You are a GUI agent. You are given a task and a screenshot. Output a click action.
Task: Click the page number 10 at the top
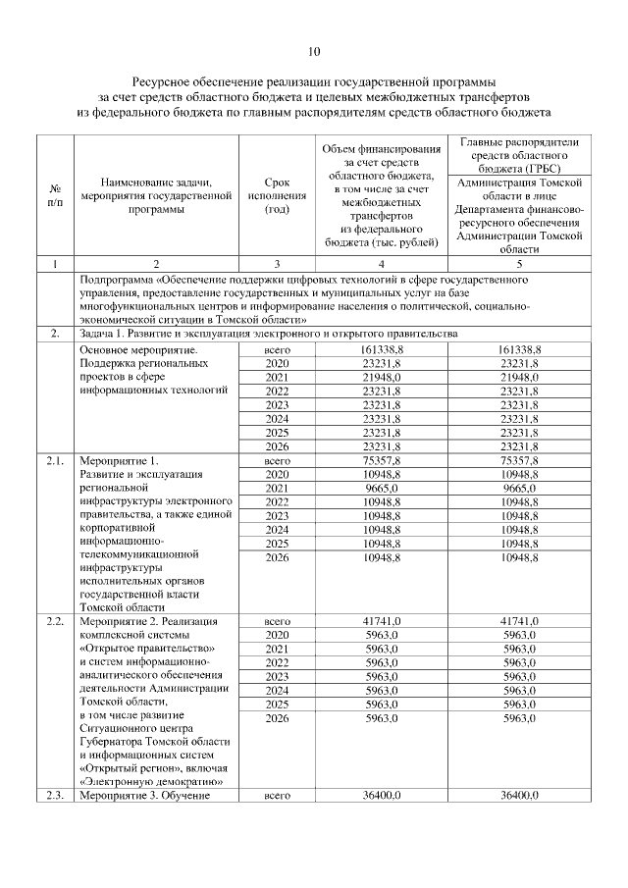point(314,52)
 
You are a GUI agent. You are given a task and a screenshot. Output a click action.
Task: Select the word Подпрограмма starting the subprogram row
point(119,280)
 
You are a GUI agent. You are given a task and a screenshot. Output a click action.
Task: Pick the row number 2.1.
point(55,459)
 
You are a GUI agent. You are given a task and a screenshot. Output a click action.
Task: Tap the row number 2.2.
point(55,621)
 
